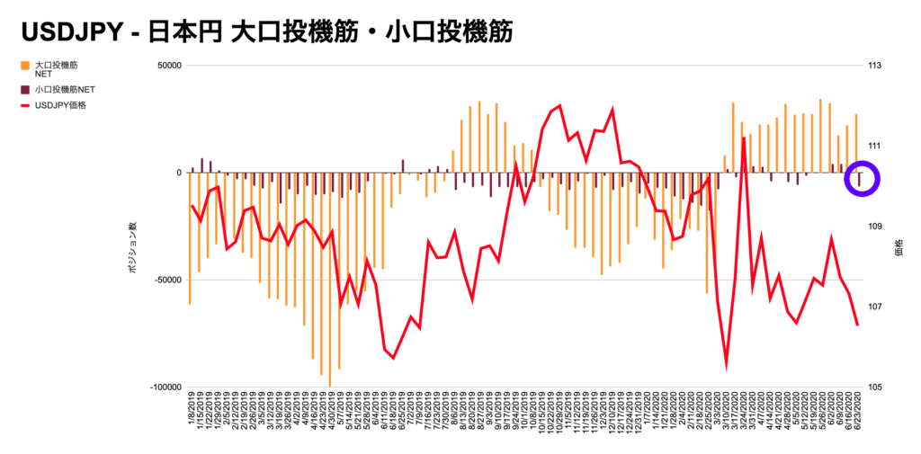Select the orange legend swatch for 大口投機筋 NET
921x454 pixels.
click(24, 66)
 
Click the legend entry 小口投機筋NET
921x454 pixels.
click(65, 90)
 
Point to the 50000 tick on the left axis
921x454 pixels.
click(168, 66)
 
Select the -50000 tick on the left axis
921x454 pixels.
click(166, 280)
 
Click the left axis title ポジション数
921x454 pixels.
click(132, 253)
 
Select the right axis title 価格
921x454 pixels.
click(899, 253)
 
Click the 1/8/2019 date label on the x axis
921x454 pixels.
click(191, 417)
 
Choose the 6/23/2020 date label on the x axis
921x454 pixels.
click(856, 417)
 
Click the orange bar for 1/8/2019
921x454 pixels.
click(190, 238)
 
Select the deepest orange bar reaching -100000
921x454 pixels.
click(330, 279)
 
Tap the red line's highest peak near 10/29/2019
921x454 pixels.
click(559, 106)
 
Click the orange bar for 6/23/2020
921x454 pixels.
click(856, 144)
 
